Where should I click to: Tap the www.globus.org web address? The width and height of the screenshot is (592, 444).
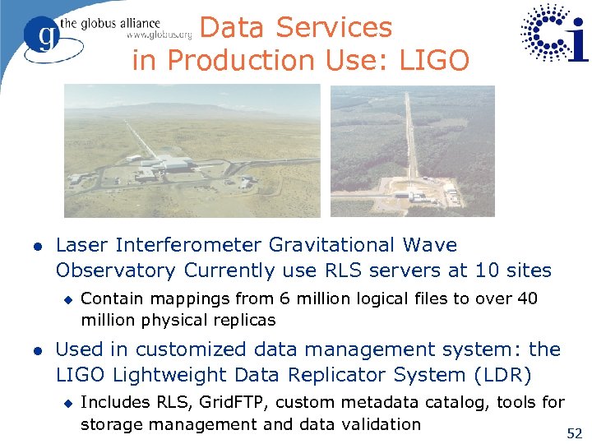pos(159,35)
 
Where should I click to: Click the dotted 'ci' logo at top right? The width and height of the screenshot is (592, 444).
pos(555,33)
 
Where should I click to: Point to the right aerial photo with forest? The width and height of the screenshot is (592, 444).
pos(413,151)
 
